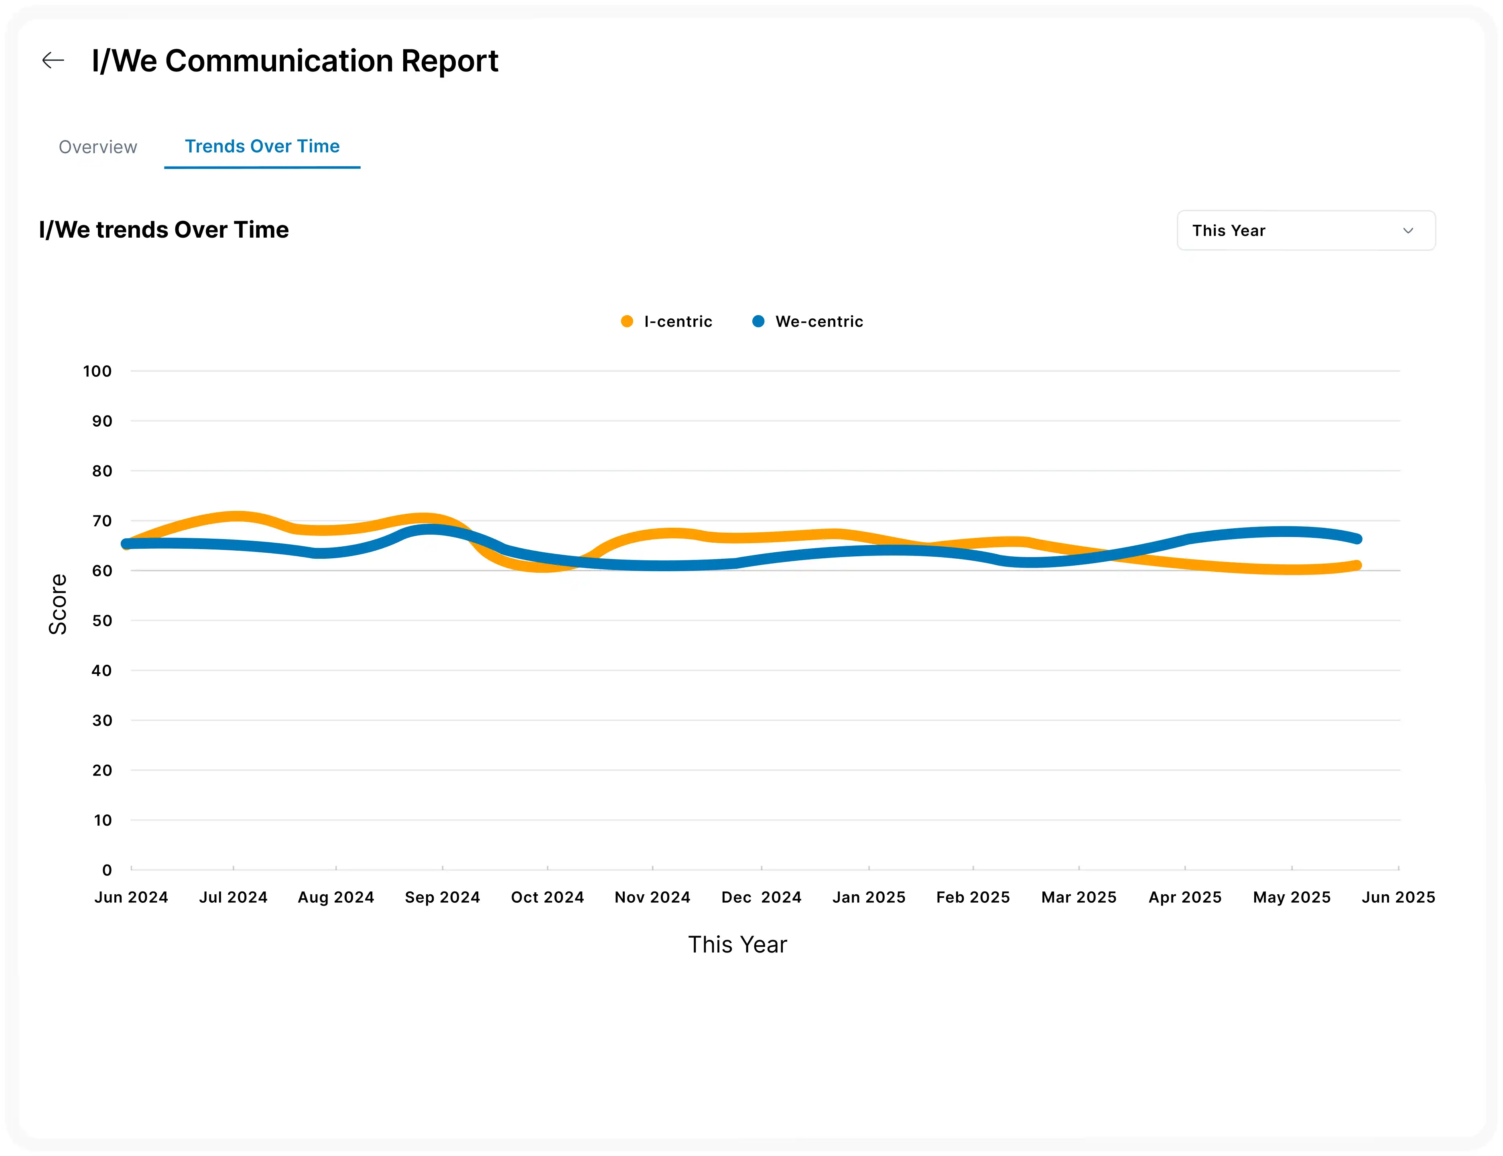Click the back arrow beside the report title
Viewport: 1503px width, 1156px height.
click(x=53, y=61)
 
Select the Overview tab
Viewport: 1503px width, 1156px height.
click(x=97, y=147)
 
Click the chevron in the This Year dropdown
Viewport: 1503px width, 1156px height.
click(x=1408, y=230)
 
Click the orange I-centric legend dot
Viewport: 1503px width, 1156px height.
click(x=627, y=322)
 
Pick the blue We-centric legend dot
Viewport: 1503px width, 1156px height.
click(x=758, y=322)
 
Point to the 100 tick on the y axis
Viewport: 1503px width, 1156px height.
click(x=97, y=372)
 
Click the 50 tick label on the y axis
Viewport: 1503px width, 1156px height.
click(x=102, y=621)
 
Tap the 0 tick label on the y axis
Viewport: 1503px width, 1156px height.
click(x=107, y=870)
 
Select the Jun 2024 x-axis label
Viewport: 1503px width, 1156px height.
click(x=131, y=897)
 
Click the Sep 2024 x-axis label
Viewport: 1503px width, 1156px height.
click(x=442, y=897)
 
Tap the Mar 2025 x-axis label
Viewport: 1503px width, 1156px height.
click(x=1079, y=897)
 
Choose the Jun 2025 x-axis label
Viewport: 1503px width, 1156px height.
click(x=1398, y=897)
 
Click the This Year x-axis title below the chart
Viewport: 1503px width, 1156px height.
click(x=737, y=945)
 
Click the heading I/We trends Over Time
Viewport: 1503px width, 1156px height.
click(x=164, y=230)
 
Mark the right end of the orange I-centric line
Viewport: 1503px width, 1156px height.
click(x=1357, y=566)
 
